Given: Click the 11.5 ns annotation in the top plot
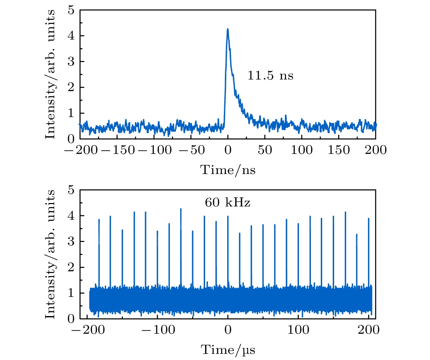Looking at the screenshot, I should (x=270, y=75).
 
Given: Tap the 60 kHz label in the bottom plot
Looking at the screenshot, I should (x=227, y=203).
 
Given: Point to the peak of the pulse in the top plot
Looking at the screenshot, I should (x=228, y=29).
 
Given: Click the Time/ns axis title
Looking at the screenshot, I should (x=228, y=170).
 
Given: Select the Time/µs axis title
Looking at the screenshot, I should (x=228, y=349).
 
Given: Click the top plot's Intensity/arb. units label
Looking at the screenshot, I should (x=50, y=74).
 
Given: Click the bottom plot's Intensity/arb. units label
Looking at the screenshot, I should (x=50, y=254).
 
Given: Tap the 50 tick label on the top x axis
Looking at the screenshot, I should (x=265, y=150).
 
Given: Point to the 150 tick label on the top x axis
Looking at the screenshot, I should (x=339, y=150).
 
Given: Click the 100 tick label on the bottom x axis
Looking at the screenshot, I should (x=298, y=330).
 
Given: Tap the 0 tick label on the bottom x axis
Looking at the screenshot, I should (x=228, y=330).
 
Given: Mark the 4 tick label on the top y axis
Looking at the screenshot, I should (x=71, y=36).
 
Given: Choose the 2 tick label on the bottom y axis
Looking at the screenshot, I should (x=71, y=267).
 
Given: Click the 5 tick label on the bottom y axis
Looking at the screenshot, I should (x=71, y=190).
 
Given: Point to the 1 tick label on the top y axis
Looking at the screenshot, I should (x=71, y=113).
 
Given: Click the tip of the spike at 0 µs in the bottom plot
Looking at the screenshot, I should (x=228, y=216).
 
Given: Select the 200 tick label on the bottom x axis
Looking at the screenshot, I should (x=369, y=330).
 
